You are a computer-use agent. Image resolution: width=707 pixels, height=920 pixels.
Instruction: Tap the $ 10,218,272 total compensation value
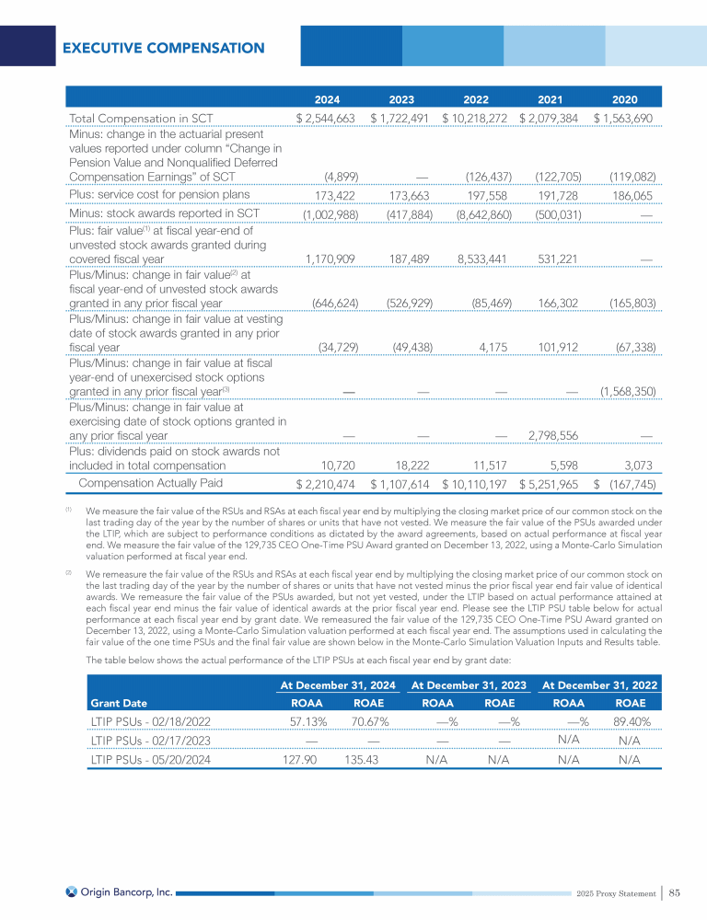tap(475, 119)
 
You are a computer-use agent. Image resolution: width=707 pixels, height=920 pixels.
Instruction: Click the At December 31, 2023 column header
tap(469, 684)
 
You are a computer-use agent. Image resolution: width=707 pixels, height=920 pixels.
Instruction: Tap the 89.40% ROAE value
tap(631, 723)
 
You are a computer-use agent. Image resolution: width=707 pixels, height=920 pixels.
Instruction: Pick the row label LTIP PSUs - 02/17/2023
tap(153, 742)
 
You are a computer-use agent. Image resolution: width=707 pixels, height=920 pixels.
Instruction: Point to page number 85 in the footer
tap(674, 892)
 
